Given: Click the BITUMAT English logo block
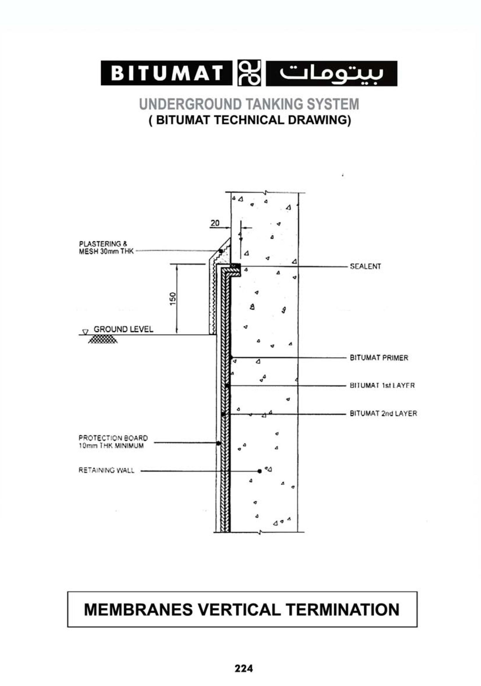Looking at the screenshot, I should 167,73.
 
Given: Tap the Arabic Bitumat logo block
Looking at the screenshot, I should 331,73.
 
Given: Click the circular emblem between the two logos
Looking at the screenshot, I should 249,73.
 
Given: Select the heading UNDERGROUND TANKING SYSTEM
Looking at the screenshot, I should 249,104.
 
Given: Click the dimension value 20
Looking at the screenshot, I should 215,223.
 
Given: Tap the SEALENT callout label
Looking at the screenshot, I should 365,266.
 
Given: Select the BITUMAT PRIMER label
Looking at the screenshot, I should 379,358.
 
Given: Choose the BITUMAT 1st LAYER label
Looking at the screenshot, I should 382,386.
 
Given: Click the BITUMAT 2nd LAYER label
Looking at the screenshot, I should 383,413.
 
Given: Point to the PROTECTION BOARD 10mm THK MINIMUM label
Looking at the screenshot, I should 113,442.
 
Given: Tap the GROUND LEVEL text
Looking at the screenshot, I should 123,329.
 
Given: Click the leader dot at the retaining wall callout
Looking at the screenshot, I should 259,471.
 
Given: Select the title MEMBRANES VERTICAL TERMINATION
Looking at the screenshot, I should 242,610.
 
